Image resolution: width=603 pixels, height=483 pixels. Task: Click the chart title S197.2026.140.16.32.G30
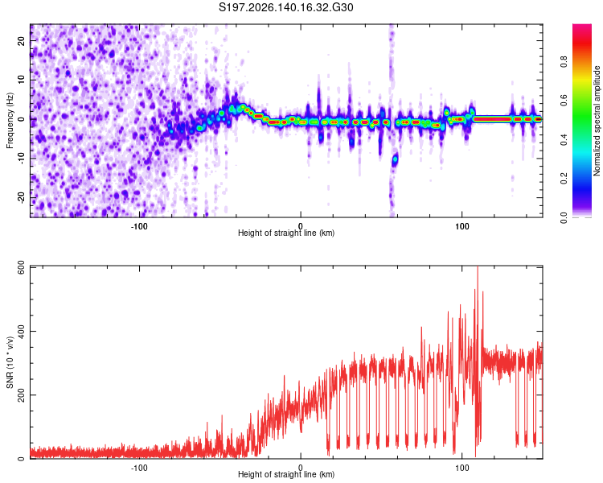click(285, 7)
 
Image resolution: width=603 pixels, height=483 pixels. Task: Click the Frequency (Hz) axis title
click(10, 121)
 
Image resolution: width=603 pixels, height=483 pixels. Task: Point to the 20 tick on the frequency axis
click(21, 41)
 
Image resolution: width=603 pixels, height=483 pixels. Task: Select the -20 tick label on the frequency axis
click(21, 198)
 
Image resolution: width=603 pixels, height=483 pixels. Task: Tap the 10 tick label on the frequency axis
click(21, 80)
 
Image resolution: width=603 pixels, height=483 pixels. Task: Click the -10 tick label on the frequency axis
click(21, 159)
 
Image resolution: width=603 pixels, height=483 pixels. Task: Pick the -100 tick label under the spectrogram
click(139, 226)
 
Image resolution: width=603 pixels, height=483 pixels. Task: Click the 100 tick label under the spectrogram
click(461, 226)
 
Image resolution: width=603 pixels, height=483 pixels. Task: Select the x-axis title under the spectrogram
click(286, 233)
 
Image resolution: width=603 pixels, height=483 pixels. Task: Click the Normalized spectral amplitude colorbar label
click(597, 121)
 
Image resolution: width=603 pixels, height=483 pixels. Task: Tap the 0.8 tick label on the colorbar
click(564, 62)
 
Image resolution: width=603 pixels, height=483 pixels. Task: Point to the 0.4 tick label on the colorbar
click(564, 140)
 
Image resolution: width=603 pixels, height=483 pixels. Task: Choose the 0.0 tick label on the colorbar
click(564, 217)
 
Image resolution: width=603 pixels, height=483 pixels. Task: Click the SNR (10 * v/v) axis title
click(10, 362)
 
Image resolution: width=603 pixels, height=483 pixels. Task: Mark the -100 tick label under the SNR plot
click(139, 468)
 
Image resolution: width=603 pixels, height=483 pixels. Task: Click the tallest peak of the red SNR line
click(478, 267)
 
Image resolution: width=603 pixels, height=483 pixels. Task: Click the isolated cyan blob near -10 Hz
click(395, 159)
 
